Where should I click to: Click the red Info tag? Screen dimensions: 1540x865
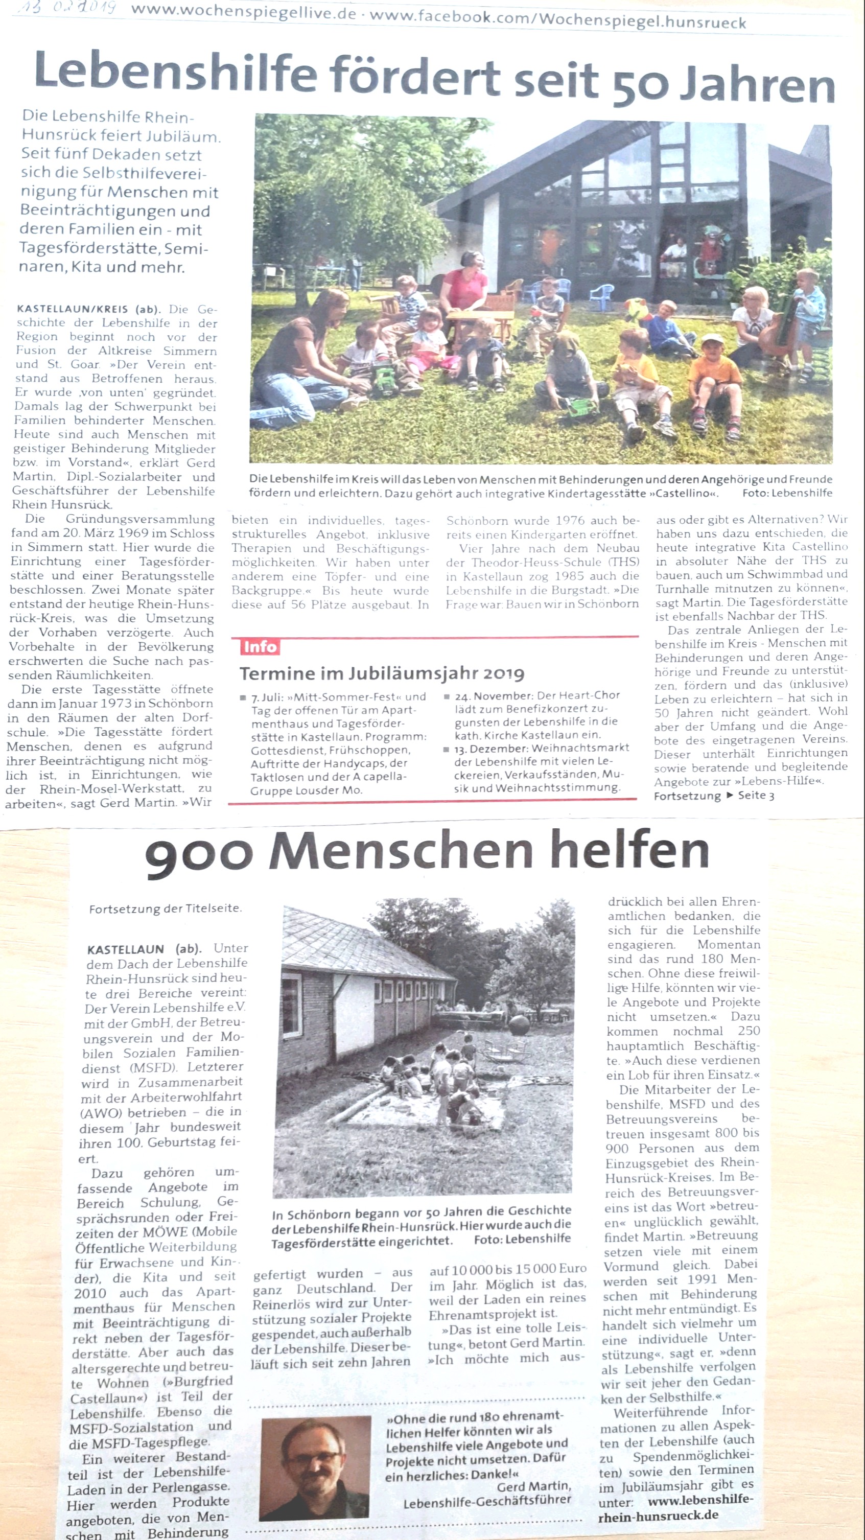coord(260,646)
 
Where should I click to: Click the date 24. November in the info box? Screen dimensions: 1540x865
coord(494,696)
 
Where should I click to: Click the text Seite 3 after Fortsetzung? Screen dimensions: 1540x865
coord(756,795)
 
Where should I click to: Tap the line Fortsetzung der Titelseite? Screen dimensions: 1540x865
coord(165,908)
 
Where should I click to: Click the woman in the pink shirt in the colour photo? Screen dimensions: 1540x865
coord(465,281)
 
